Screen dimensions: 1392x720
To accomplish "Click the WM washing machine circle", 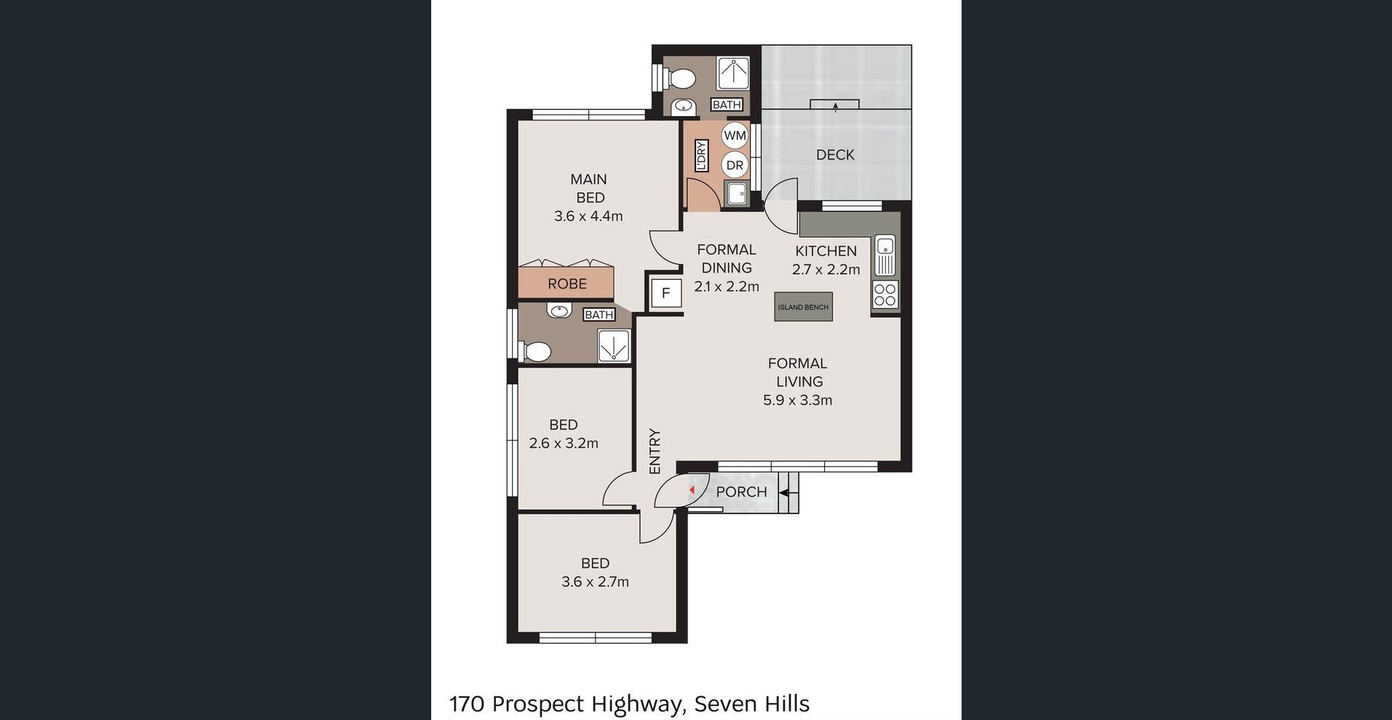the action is click(735, 136).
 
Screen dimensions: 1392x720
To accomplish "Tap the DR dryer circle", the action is click(734, 165).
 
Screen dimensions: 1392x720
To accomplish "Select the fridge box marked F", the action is click(665, 293).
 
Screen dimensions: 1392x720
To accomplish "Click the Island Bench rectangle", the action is click(803, 307).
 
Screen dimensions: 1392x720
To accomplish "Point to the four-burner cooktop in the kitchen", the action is click(885, 295).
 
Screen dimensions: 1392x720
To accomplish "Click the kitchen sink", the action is click(884, 256).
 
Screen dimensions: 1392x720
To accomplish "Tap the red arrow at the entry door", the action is click(691, 490).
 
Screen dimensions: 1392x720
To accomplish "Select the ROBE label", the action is click(567, 284).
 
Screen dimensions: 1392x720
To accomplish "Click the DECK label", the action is click(835, 155).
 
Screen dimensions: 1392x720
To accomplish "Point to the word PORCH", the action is click(741, 492).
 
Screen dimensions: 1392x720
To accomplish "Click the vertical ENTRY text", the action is click(655, 452).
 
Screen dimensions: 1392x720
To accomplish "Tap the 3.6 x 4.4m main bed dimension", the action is click(588, 216).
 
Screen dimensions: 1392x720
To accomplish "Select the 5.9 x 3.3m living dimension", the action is click(797, 400).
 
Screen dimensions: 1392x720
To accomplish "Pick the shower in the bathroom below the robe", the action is click(614, 345).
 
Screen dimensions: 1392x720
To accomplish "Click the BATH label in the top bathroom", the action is click(727, 104).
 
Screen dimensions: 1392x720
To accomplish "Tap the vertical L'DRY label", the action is click(701, 155).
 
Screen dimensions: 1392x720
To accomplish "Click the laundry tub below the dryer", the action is click(736, 194).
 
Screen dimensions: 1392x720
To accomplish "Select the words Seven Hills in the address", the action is click(752, 703).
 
